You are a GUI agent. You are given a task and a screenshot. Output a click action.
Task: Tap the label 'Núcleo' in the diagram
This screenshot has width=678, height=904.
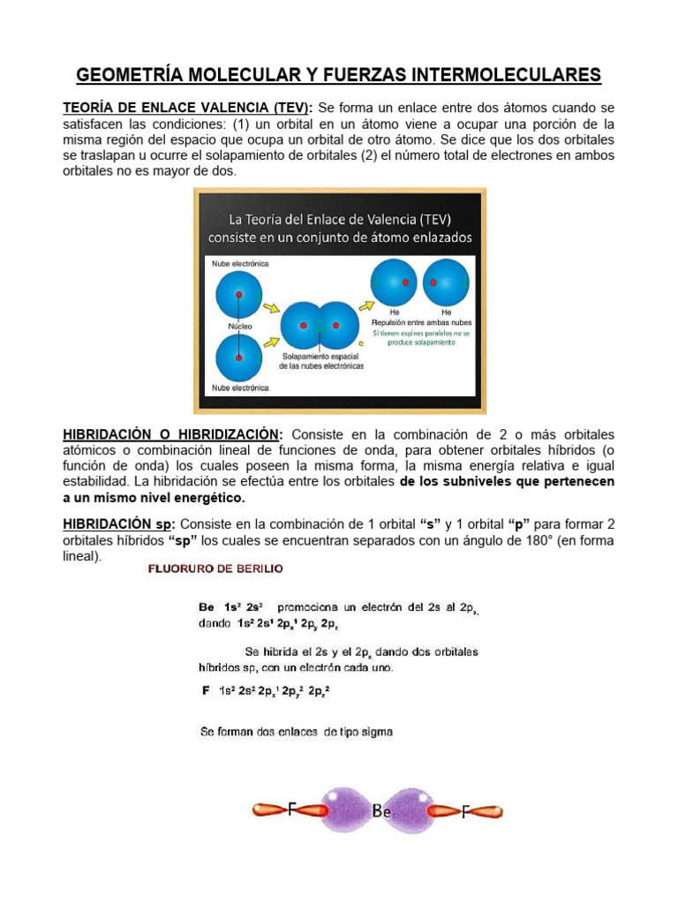pyautogui.click(x=239, y=326)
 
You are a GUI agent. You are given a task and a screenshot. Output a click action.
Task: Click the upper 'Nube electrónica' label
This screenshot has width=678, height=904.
pyautogui.click(x=240, y=263)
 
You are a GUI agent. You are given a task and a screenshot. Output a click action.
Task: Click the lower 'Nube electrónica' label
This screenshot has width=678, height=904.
pyautogui.click(x=240, y=387)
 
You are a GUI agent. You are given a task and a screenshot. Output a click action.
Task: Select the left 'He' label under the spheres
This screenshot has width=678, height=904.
pyautogui.click(x=395, y=313)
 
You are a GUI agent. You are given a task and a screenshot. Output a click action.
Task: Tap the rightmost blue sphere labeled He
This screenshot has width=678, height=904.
pyautogui.click(x=446, y=282)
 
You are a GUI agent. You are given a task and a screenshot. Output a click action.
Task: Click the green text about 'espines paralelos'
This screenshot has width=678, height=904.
pyautogui.click(x=421, y=339)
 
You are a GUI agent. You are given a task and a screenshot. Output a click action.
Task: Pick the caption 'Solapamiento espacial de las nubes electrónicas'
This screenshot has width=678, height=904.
pyautogui.click(x=321, y=361)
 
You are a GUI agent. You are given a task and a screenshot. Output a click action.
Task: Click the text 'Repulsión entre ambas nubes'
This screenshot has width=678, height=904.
pyautogui.click(x=420, y=323)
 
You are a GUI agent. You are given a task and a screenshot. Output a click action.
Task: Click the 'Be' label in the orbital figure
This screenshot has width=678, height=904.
pyautogui.click(x=381, y=811)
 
